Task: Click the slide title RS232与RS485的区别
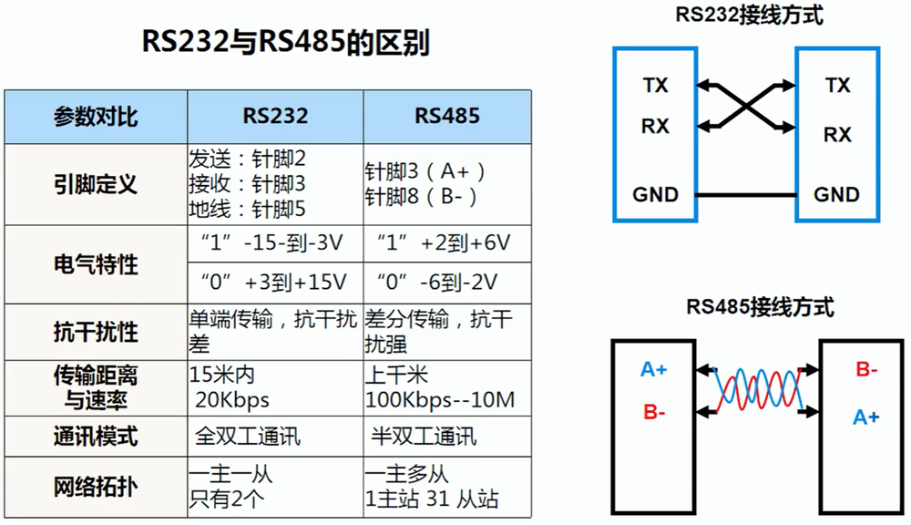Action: (x=284, y=43)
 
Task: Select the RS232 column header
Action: (x=275, y=116)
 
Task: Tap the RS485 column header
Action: (x=447, y=116)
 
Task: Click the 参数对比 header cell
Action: (x=95, y=117)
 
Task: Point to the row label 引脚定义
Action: (x=95, y=184)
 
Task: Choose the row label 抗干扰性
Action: (x=95, y=332)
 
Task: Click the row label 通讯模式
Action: (x=95, y=436)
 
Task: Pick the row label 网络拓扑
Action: (x=95, y=487)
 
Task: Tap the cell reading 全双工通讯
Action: (x=249, y=436)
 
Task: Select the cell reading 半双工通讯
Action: (x=425, y=436)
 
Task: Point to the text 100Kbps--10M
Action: (x=440, y=400)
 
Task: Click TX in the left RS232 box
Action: (x=655, y=86)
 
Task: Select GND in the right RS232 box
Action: (x=836, y=194)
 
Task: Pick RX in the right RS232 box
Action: (x=837, y=135)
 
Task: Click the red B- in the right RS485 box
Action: (x=866, y=369)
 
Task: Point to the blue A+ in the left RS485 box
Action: (x=654, y=369)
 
